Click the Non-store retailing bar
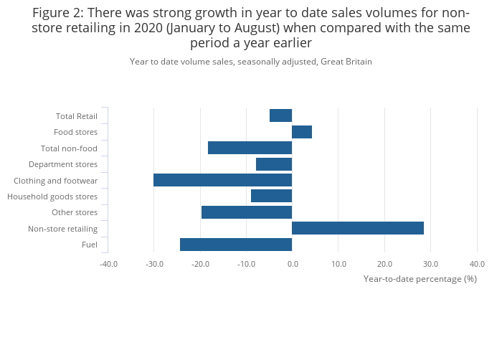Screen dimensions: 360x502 click(x=357, y=228)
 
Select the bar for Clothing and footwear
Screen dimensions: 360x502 click(x=222, y=180)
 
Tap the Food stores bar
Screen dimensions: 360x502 click(x=301, y=132)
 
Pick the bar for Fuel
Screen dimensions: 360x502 click(x=235, y=245)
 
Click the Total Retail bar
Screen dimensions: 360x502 click(x=280, y=115)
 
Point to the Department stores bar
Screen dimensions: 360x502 click(x=273, y=164)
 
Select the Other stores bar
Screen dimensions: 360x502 click(x=246, y=212)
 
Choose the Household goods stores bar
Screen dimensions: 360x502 click(x=271, y=196)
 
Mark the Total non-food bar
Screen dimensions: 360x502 click(x=250, y=148)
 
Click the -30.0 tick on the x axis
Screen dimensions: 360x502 click(x=153, y=264)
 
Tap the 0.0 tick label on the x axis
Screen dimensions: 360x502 click(x=292, y=264)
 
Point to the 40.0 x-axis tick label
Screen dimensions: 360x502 click(x=477, y=264)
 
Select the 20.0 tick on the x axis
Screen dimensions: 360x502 click(x=384, y=264)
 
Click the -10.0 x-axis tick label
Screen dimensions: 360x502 click(x=246, y=264)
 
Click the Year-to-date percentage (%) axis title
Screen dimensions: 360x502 click(x=420, y=278)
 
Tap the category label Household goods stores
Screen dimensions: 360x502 click(x=52, y=196)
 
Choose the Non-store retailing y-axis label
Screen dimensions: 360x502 click(x=62, y=229)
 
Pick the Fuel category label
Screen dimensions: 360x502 click(x=90, y=245)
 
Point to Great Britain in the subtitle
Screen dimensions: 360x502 click(x=346, y=62)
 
